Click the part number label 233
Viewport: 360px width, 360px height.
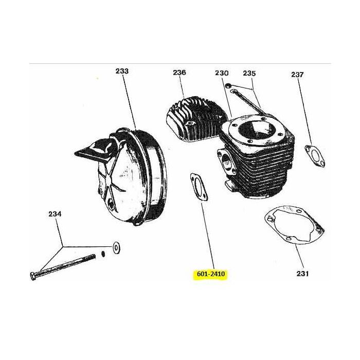[x=122, y=71]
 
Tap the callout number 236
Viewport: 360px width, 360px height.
[x=179, y=73]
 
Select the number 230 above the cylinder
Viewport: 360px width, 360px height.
[x=222, y=73]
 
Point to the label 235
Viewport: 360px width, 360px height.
[x=249, y=73]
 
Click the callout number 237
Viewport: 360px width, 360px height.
[x=297, y=75]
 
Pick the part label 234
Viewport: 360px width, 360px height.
[x=55, y=213]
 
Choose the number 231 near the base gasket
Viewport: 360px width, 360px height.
[x=302, y=274]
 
